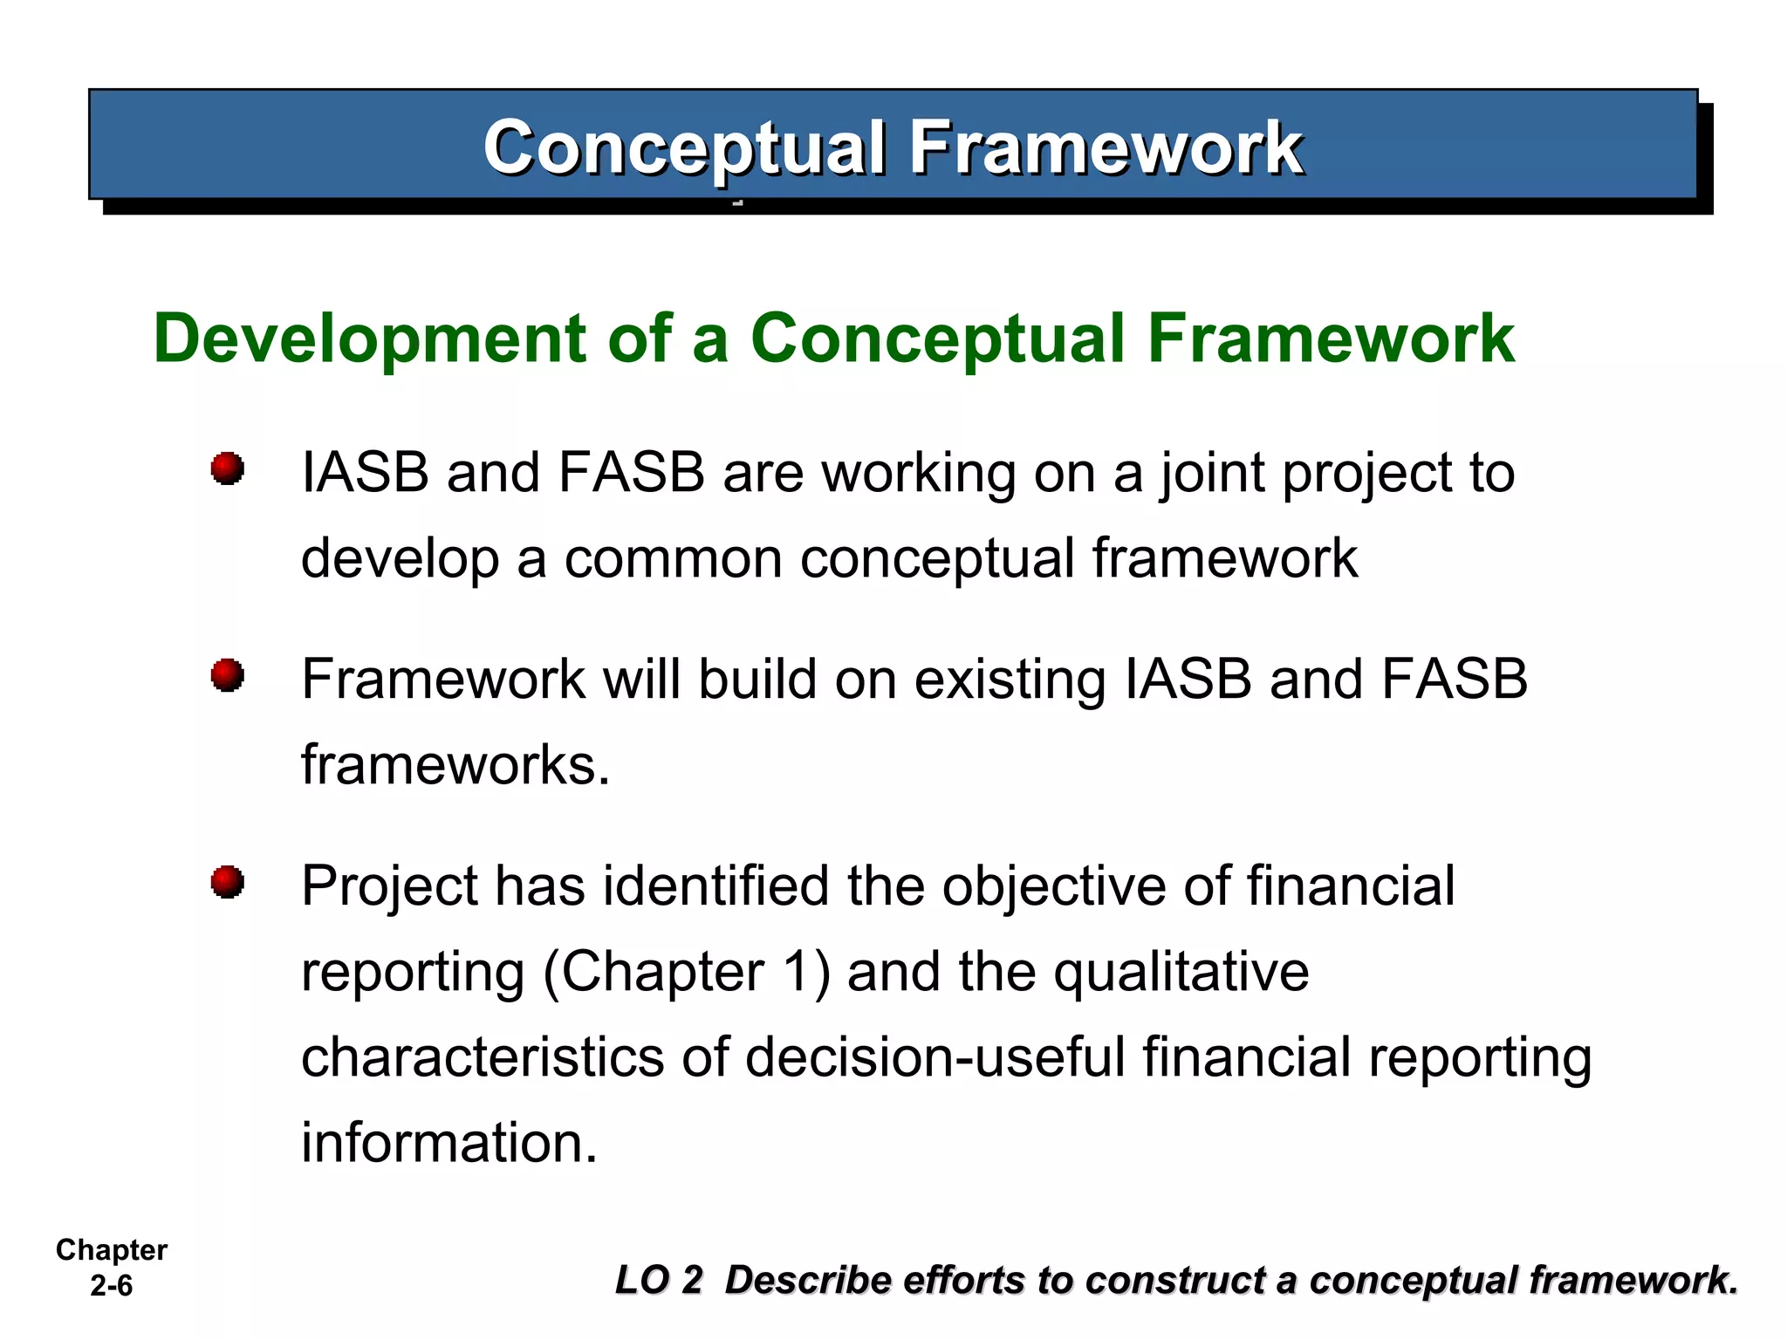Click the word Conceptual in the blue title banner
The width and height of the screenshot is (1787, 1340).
click(x=685, y=147)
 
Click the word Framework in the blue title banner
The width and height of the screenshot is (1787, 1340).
click(x=1106, y=147)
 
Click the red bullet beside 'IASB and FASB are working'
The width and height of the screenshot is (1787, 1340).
click(x=228, y=468)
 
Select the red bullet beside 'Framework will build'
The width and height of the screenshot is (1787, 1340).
click(x=228, y=675)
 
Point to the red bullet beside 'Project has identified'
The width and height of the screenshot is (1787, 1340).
click(x=228, y=882)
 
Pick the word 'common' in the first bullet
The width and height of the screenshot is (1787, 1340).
click(x=673, y=558)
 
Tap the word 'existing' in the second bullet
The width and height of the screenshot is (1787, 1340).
click(x=1010, y=680)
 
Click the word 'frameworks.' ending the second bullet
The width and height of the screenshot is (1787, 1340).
click(x=455, y=765)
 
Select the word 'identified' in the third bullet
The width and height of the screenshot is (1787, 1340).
click(x=715, y=886)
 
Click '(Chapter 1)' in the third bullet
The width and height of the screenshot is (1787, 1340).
click(x=687, y=972)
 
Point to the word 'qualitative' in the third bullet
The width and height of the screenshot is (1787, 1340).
click(x=1181, y=972)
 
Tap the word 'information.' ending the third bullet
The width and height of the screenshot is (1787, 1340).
click(x=449, y=1143)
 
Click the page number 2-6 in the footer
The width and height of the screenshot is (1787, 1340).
click(x=111, y=1286)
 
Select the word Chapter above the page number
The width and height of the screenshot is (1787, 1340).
click(x=111, y=1250)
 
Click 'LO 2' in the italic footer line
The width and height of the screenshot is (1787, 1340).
click(x=659, y=1281)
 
